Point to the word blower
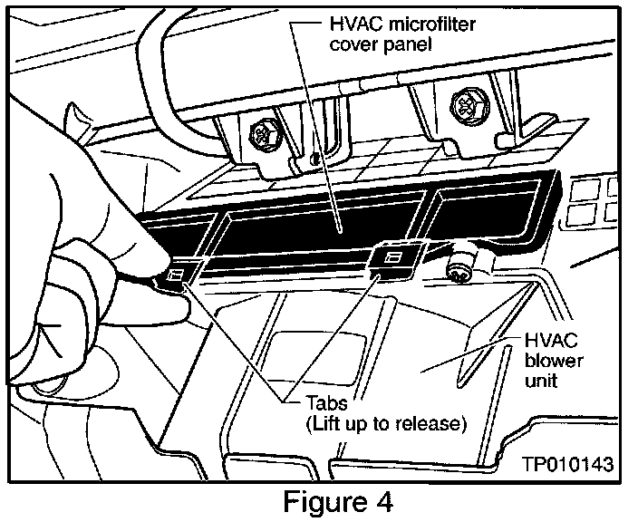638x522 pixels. click(x=550, y=362)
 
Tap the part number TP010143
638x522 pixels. click(x=568, y=465)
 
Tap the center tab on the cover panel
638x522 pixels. click(x=391, y=258)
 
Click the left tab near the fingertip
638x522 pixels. click(x=178, y=273)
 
